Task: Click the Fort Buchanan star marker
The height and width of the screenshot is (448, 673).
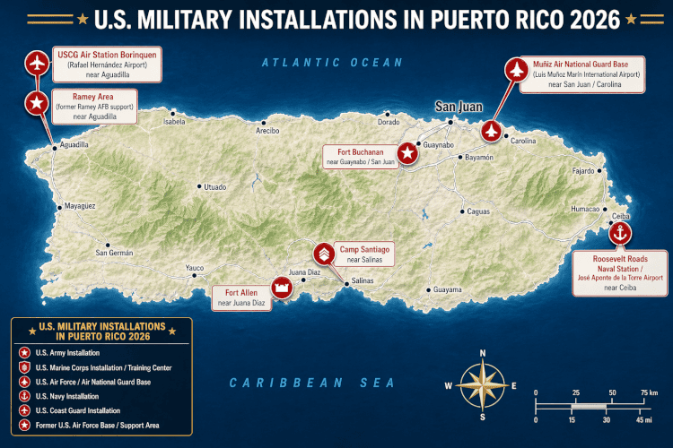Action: point(408,153)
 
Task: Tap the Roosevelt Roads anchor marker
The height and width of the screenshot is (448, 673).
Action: point(620,234)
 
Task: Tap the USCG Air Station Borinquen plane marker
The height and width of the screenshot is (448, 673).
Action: point(36,65)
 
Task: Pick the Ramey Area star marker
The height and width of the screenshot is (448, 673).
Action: point(36,104)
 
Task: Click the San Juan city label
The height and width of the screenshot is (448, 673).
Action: point(459,106)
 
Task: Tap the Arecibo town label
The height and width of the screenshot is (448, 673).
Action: point(267,131)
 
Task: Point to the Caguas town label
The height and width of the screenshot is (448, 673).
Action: point(477,211)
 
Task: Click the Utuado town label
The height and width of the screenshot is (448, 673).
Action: point(215,186)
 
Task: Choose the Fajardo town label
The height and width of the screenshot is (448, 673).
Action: point(584,170)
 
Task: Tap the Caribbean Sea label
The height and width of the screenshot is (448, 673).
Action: point(311,383)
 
